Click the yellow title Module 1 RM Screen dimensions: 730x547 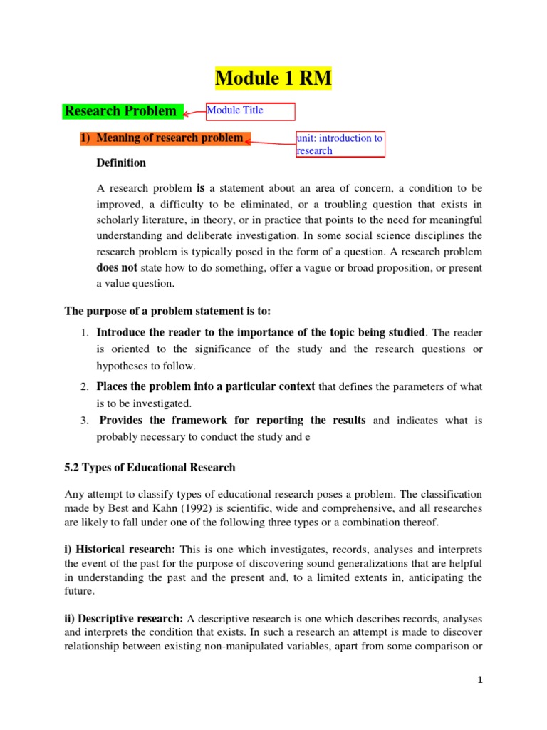tap(273, 78)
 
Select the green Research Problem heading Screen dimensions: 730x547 tap(121, 111)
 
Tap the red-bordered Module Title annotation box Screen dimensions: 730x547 tap(249, 111)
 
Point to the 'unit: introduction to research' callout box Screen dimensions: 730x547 tap(340, 145)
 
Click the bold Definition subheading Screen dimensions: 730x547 tap(121, 163)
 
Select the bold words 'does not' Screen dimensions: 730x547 tap(117, 268)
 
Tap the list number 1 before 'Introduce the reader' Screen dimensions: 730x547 tap(83, 333)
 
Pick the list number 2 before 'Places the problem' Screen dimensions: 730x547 tap(83, 387)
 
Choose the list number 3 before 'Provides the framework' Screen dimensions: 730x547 tap(83, 421)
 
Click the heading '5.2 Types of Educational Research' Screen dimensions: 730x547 tap(150, 468)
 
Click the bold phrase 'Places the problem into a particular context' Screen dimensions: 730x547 tap(206, 386)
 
